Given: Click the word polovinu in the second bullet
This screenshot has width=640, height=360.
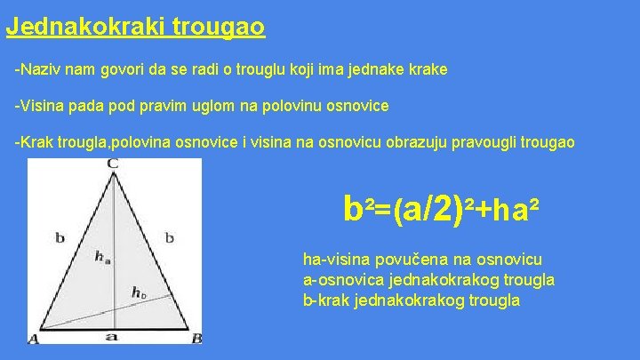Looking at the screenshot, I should (267, 106).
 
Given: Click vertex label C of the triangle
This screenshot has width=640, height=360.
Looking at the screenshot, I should (113, 164).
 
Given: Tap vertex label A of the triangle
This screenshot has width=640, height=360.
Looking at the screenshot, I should (33, 339).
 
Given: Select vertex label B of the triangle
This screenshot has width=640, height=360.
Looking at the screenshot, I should (196, 339).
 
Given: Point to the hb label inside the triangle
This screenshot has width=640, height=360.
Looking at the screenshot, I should (139, 292).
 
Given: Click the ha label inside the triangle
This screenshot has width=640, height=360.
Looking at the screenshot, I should (102, 257).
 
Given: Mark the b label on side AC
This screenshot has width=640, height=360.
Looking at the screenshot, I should (60, 237).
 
